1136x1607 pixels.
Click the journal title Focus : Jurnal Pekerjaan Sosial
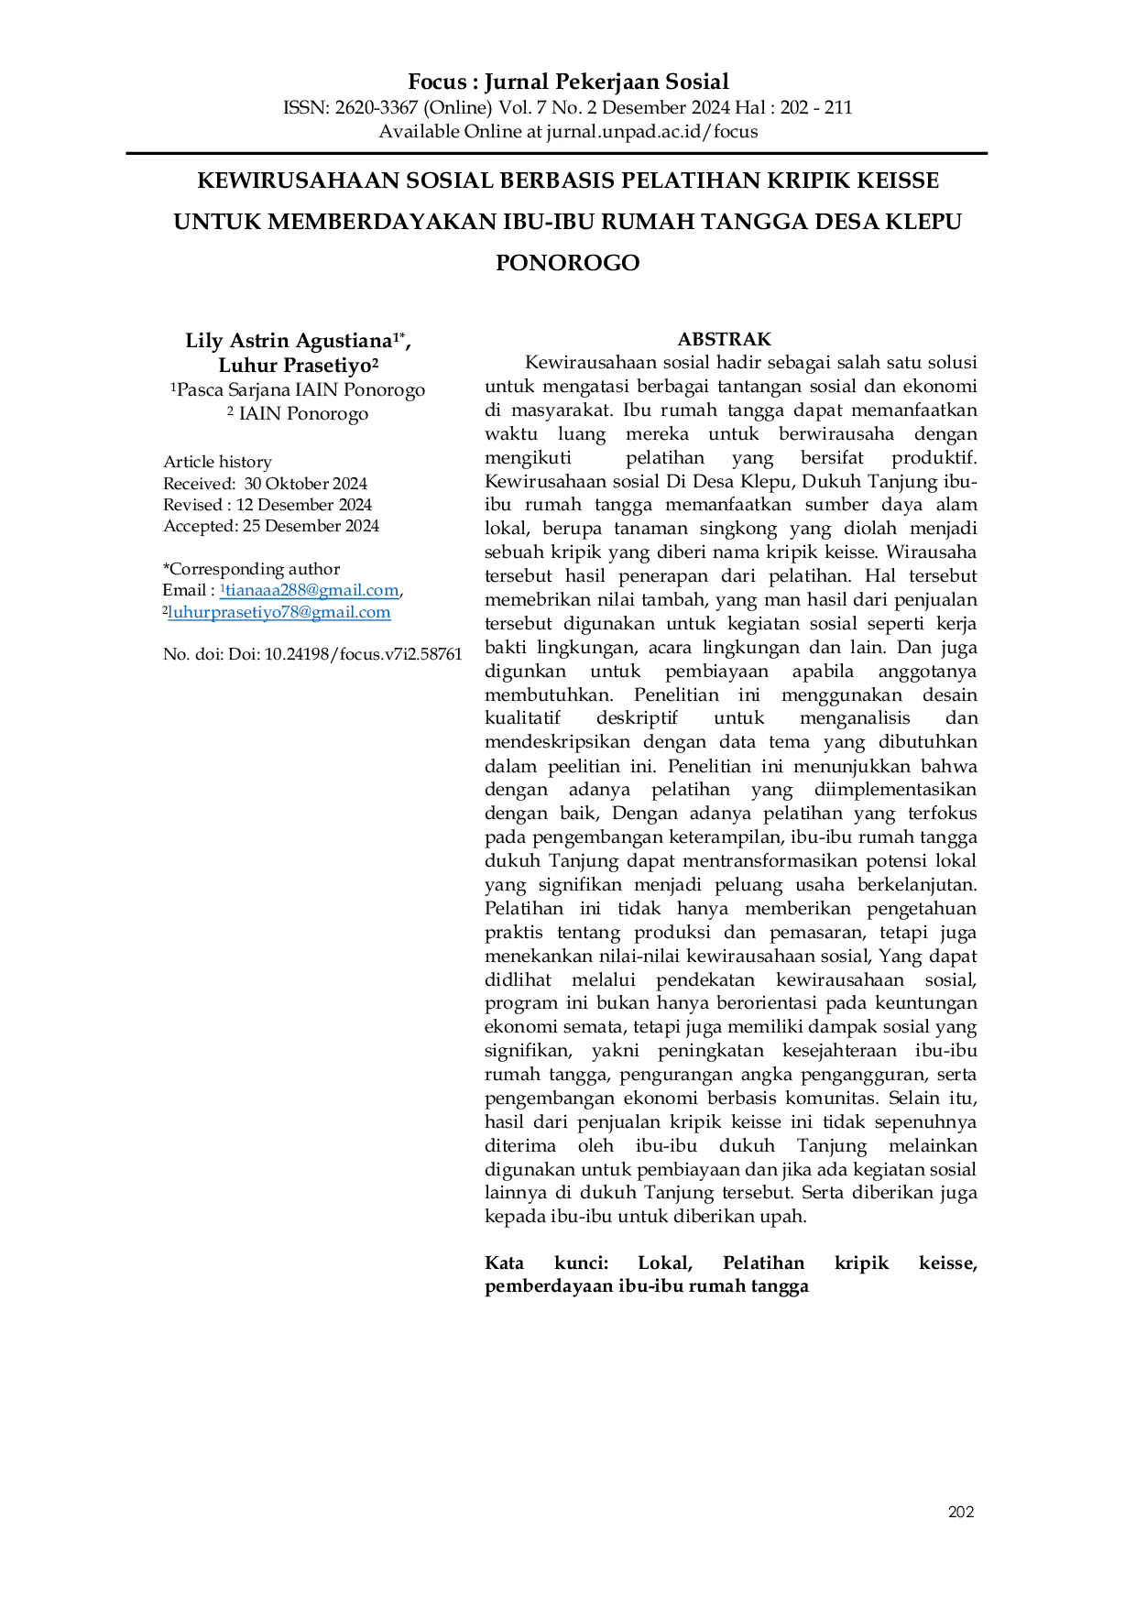pyautogui.click(x=568, y=82)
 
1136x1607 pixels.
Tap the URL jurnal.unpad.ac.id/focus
pyautogui.click(x=652, y=132)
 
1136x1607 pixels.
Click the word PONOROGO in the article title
pyautogui.click(x=568, y=263)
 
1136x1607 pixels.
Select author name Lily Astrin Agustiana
pyautogui.click(x=289, y=342)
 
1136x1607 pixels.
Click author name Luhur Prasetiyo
pyautogui.click(x=294, y=366)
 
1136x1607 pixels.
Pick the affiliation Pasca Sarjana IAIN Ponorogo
pyautogui.click(x=300, y=390)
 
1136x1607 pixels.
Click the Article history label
pyautogui.click(x=217, y=462)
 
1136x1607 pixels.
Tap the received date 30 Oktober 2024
pyautogui.click(x=305, y=484)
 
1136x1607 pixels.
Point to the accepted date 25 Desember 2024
pyautogui.click(x=311, y=526)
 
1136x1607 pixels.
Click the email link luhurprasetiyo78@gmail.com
pyautogui.click(x=279, y=613)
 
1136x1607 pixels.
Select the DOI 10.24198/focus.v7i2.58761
pyautogui.click(x=363, y=654)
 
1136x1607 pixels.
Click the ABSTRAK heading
pyautogui.click(x=725, y=339)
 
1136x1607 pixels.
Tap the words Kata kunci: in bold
pyautogui.click(x=547, y=1263)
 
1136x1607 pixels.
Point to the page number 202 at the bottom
pyautogui.click(x=961, y=1512)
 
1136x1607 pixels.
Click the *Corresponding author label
pyautogui.click(x=251, y=569)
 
